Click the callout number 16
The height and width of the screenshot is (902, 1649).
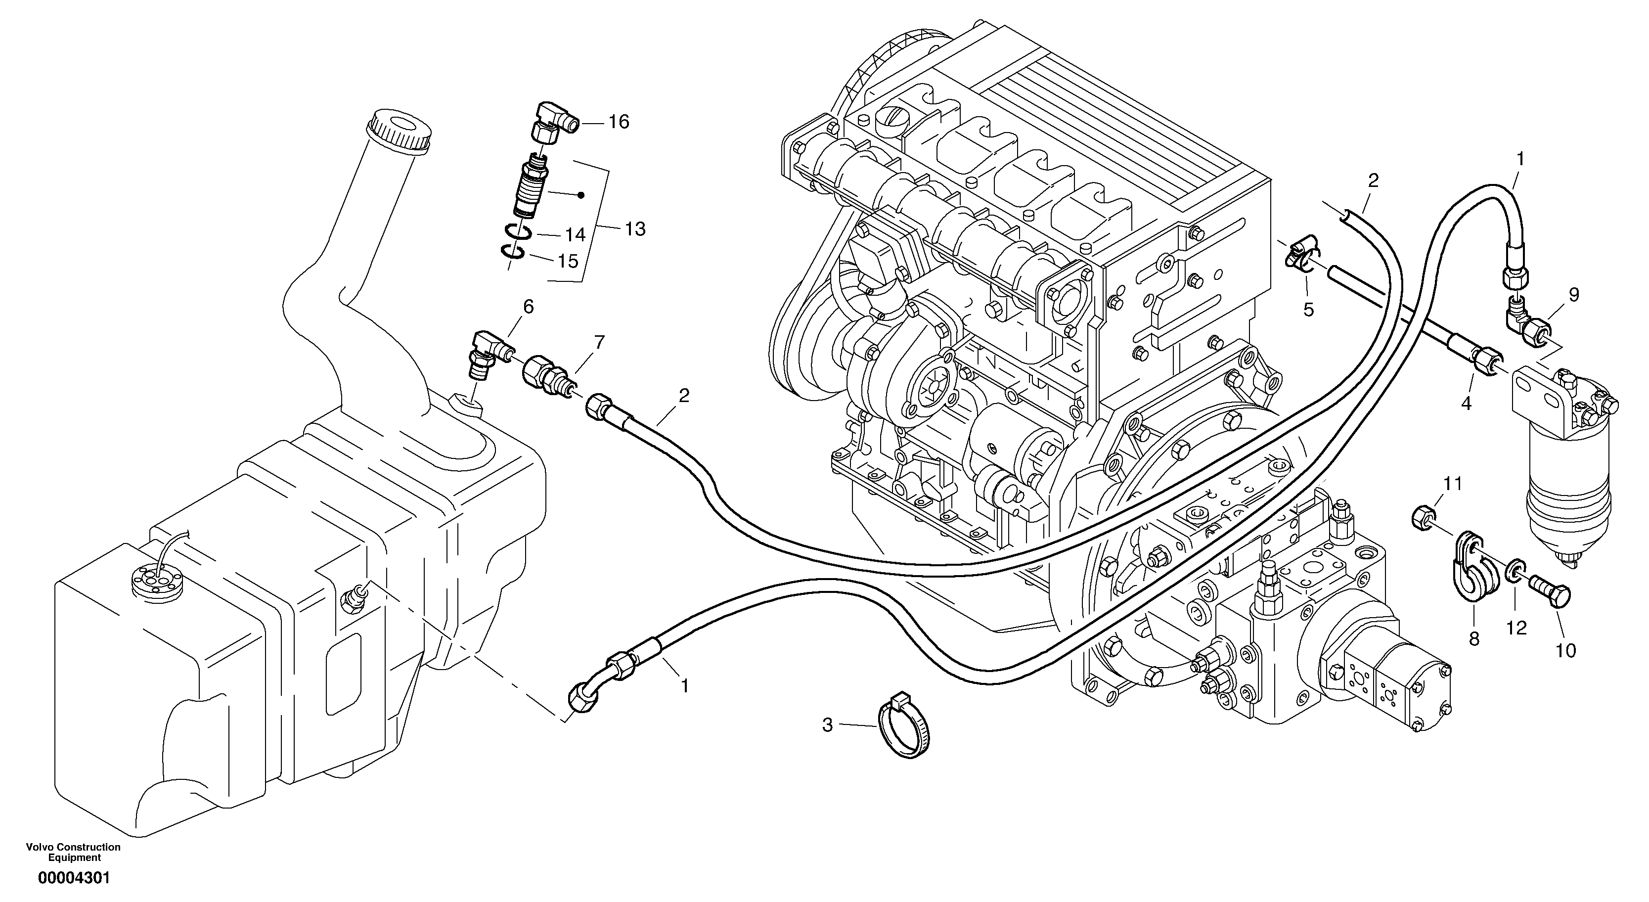point(619,122)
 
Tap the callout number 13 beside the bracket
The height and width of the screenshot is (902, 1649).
point(634,228)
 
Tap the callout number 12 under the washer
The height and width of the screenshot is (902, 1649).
point(1516,628)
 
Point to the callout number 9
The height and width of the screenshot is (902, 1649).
point(1573,295)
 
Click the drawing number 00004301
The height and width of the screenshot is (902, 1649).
point(74,878)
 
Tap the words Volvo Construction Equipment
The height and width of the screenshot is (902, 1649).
point(74,852)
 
